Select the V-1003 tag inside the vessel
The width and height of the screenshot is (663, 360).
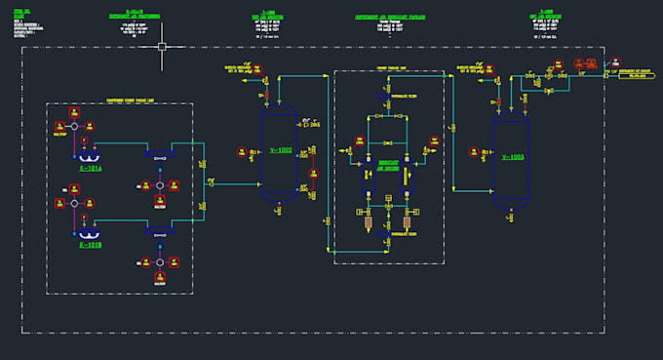(512, 156)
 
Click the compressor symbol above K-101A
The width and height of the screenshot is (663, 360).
(88, 156)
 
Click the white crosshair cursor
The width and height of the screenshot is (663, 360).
(162, 46)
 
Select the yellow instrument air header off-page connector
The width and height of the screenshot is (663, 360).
(635, 74)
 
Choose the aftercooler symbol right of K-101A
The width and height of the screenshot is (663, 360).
(159, 155)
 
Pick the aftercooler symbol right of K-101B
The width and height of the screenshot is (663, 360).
(159, 232)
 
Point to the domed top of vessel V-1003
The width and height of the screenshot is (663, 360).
(512, 119)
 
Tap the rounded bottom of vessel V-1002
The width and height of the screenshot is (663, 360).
(280, 195)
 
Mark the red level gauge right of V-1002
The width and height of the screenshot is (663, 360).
(314, 174)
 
